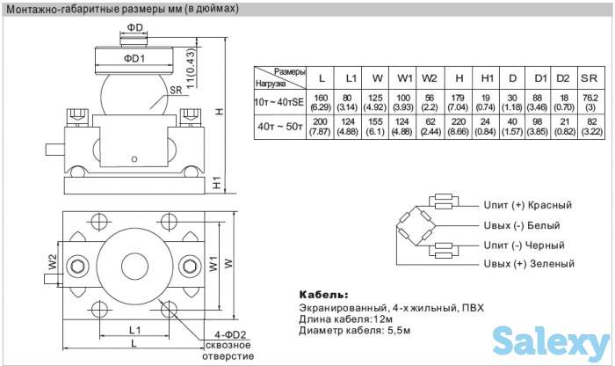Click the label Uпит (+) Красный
527,204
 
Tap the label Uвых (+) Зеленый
528,264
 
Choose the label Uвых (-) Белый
521,225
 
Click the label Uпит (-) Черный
524,245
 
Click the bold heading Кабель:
323,294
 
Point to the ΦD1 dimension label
134,58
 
